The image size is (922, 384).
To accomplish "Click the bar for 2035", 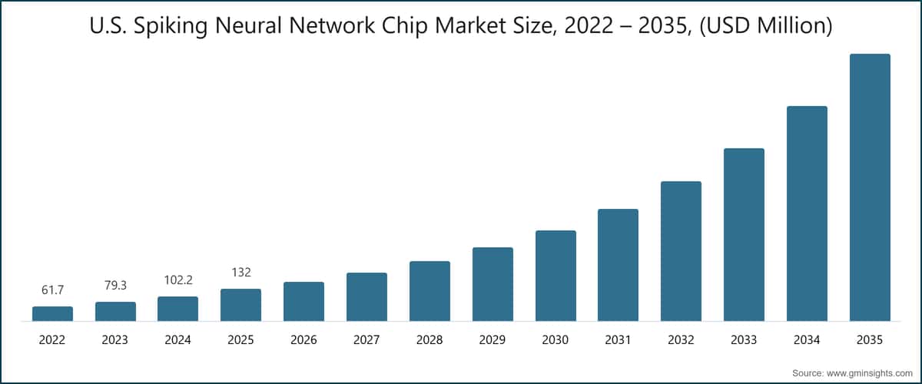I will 870,187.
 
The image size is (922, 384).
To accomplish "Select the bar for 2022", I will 52,313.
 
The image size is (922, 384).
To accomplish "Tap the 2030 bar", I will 556,276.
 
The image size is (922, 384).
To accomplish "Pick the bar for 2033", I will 744,234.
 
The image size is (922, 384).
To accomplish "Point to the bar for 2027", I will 366,296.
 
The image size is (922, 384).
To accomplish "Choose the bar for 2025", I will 240,305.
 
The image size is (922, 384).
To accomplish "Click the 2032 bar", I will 681,251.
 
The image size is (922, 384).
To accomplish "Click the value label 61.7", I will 52,290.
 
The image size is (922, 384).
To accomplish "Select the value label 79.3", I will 115,285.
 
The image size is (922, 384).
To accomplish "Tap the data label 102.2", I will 177,280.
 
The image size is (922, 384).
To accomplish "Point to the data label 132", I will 240,272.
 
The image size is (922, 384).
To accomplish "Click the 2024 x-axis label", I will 177,339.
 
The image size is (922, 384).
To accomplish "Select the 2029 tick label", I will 493,339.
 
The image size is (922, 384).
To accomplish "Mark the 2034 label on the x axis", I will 807,339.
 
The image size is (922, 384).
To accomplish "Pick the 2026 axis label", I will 303,339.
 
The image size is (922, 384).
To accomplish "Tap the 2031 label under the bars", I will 618,339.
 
